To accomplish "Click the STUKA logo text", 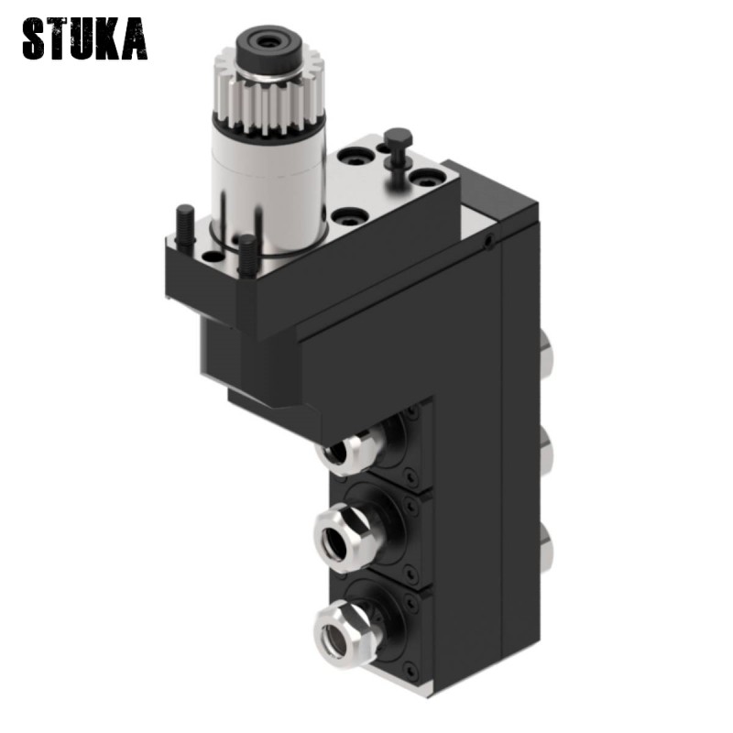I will point(84,38).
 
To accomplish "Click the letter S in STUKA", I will point(36,38).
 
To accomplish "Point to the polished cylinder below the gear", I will point(269,183).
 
